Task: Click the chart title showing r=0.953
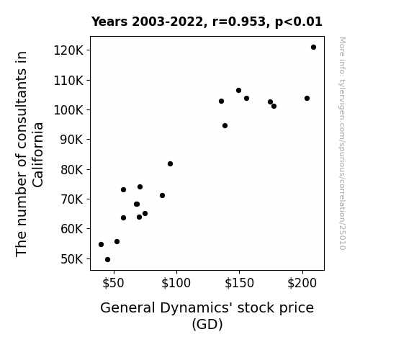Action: (207, 22)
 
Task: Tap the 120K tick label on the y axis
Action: (68, 50)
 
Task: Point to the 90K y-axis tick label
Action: (72, 140)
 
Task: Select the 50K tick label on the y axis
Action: (72, 259)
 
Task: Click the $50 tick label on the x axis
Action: (113, 283)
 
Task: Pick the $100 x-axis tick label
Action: (176, 283)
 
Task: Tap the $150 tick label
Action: (239, 283)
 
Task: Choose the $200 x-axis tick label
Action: (302, 283)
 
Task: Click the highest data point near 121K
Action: (313, 48)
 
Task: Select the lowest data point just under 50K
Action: (107, 260)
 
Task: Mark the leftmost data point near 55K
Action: (101, 245)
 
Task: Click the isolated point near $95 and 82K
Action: (171, 163)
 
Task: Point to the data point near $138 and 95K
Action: (225, 126)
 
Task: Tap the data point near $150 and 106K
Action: (239, 90)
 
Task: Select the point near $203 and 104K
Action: (307, 98)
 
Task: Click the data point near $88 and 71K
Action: (163, 195)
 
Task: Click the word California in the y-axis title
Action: (37, 155)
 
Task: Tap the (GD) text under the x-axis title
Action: (207, 324)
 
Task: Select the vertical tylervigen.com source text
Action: (342, 143)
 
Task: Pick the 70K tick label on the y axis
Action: (72, 199)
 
